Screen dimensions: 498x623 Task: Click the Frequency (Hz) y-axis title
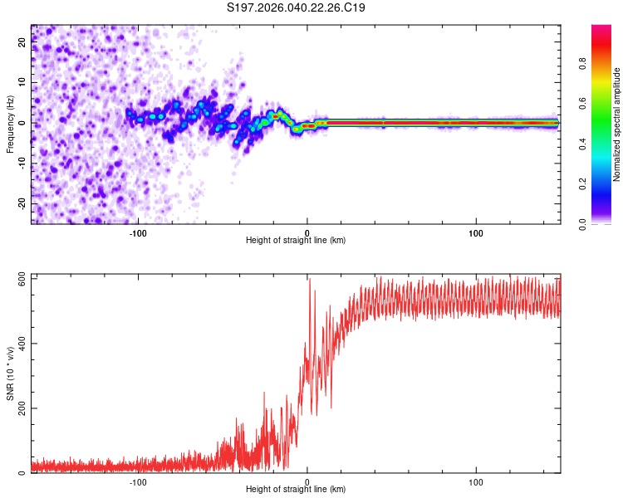tap(10, 124)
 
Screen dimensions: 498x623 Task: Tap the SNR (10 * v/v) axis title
tap(10, 373)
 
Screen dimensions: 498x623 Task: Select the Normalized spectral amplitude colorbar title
tap(616, 124)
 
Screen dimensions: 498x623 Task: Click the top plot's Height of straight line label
tap(296, 241)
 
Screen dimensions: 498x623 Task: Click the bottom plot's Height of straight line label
tap(296, 490)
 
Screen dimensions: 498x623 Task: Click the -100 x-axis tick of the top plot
tap(138, 232)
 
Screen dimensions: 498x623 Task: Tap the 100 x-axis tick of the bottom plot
tap(476, 481)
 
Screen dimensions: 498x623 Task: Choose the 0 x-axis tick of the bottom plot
tap(307, 481)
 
